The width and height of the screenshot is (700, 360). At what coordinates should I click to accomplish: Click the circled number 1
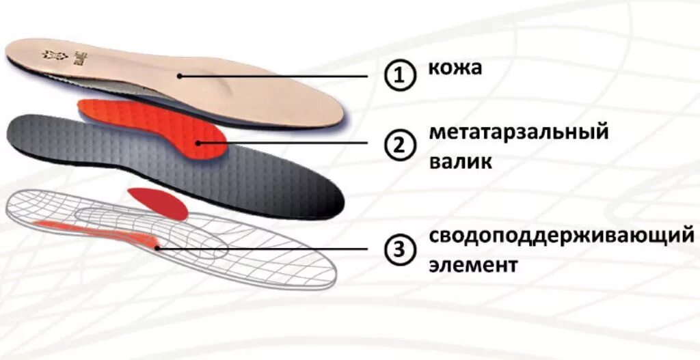pyautogui.click(x=399, y=76)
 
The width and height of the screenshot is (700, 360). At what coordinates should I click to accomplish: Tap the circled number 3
pyautogui.click(x=399, y=250)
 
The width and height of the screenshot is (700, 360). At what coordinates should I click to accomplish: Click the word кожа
pyautogui.click(x=455, y=68)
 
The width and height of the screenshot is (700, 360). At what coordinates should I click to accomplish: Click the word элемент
pyautogui.click(x=473, y=264)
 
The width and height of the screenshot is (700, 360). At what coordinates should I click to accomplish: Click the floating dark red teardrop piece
pyautogui.click(x=161, y=202)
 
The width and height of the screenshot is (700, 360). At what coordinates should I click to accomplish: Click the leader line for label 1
pyautogui.click(x=280, y=76)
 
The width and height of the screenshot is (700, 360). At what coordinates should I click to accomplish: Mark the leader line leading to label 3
pyautogui.click(x=273, y=249)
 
